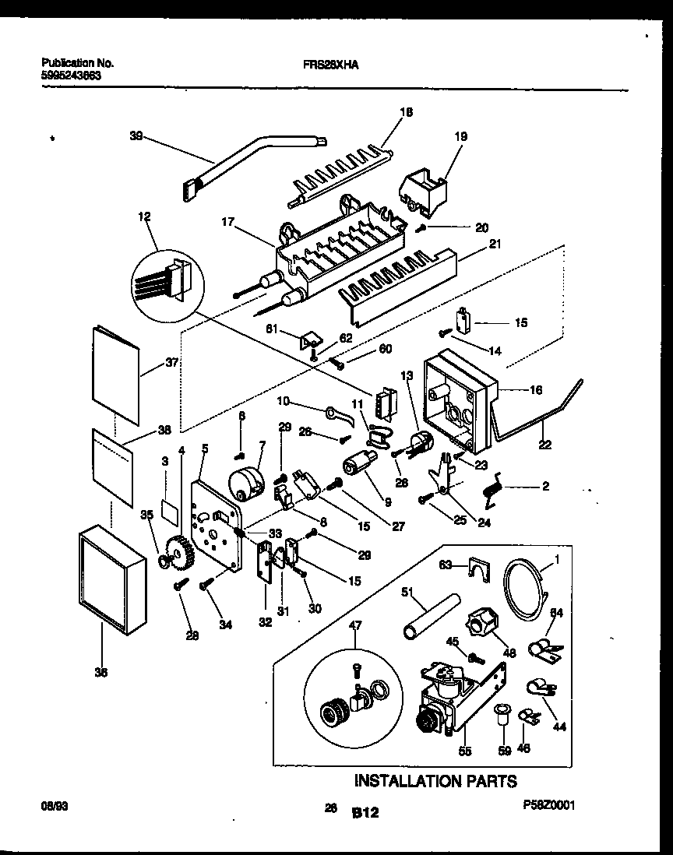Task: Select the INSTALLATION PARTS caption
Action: pos(435,780)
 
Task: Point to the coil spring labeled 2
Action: pos(493,490)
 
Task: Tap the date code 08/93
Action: pos(50,807)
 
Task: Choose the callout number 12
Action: pos(146,216)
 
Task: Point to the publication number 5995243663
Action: pos(69,76)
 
